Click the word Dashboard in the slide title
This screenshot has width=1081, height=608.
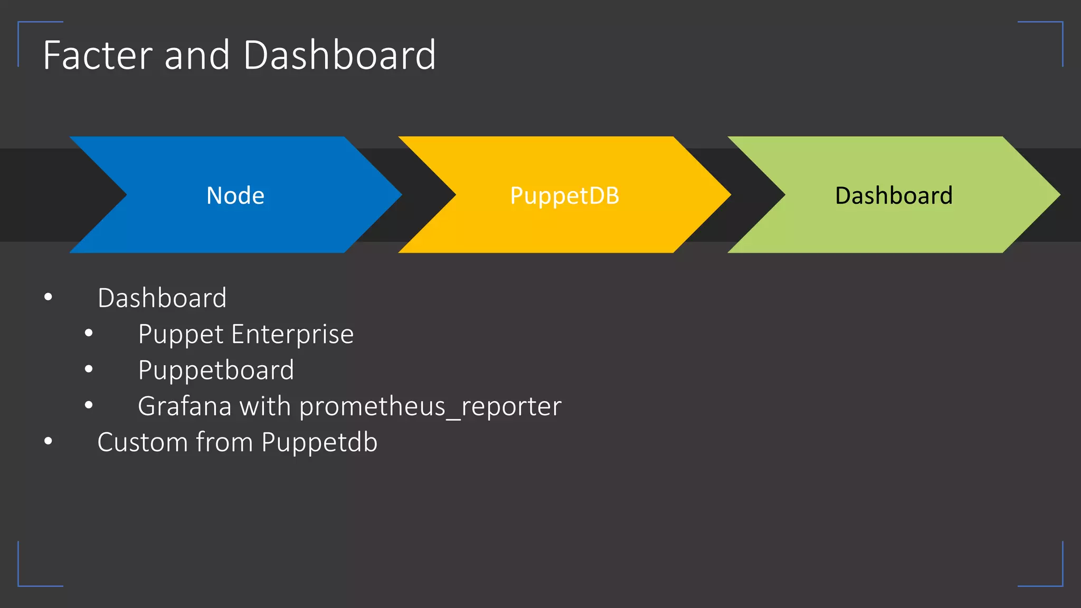(x=339, y=55)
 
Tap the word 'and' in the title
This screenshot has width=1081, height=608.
(x=197, y=55)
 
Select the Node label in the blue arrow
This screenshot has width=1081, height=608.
(x=235, y=196)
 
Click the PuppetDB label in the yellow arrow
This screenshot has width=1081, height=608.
(x=564, y=196)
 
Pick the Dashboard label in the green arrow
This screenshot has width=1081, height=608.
(x=894, y=196)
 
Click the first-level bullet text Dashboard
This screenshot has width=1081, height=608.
(x=162, y=298)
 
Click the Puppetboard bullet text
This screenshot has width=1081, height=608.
(x=216, y=370)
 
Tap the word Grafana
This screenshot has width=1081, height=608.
(x=184, y=406)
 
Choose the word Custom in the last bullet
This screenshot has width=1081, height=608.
(x=143, y=442)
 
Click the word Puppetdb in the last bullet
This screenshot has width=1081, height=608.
(x=319, y=442)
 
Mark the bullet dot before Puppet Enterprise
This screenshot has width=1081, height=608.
(x=89, y=333)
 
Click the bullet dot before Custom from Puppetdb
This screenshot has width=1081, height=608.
(x=48, y=441)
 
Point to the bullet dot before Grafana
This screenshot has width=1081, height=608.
(x=89, y=405)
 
